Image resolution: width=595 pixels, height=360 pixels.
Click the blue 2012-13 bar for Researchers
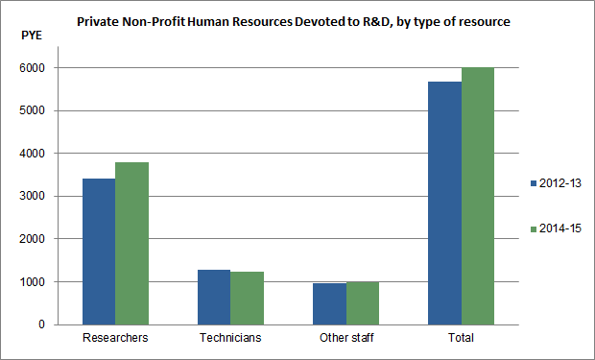click(x=99, y=252)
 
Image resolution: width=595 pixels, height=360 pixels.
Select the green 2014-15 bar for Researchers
click(x=132, y=243)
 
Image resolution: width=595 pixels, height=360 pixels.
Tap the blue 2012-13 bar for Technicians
click(x=214, y=297)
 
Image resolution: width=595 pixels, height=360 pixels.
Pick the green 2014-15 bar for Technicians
click(x=248, y=298)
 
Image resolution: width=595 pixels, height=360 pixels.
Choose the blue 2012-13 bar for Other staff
click(x=329, y=303)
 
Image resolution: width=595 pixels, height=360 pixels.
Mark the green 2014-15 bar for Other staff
click(x=363, y=302)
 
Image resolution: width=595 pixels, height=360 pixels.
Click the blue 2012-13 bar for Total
click(x=444, y=203)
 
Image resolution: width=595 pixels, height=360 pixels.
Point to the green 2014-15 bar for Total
click(x=478, y=196)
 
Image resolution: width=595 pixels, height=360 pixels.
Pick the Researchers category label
click(x=115, y=339)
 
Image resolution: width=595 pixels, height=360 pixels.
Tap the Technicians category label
click(x=230, y=339)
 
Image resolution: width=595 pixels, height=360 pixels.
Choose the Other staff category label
click(x=345, y=339)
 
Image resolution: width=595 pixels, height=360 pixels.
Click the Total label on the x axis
click(x=461, y=339)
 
